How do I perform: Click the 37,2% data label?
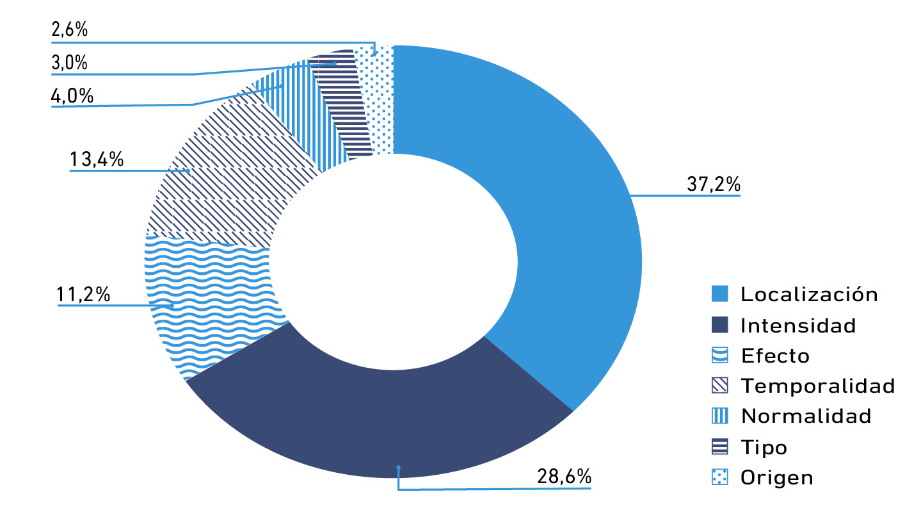tap(713, 185)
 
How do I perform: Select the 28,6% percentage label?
tap(564, 478)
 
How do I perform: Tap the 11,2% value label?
tap(83, 295)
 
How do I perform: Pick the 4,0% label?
tap(72, 97)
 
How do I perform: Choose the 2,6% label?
tap(68, 29)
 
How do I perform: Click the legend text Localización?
tap(809, 295)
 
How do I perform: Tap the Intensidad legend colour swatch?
tap(720, 325)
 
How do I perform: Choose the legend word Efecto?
tap(775, 356)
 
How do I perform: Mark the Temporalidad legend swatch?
tap(720, 386)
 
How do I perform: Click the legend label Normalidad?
tap(806, 416)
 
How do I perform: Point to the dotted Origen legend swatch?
tap(720, 477)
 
